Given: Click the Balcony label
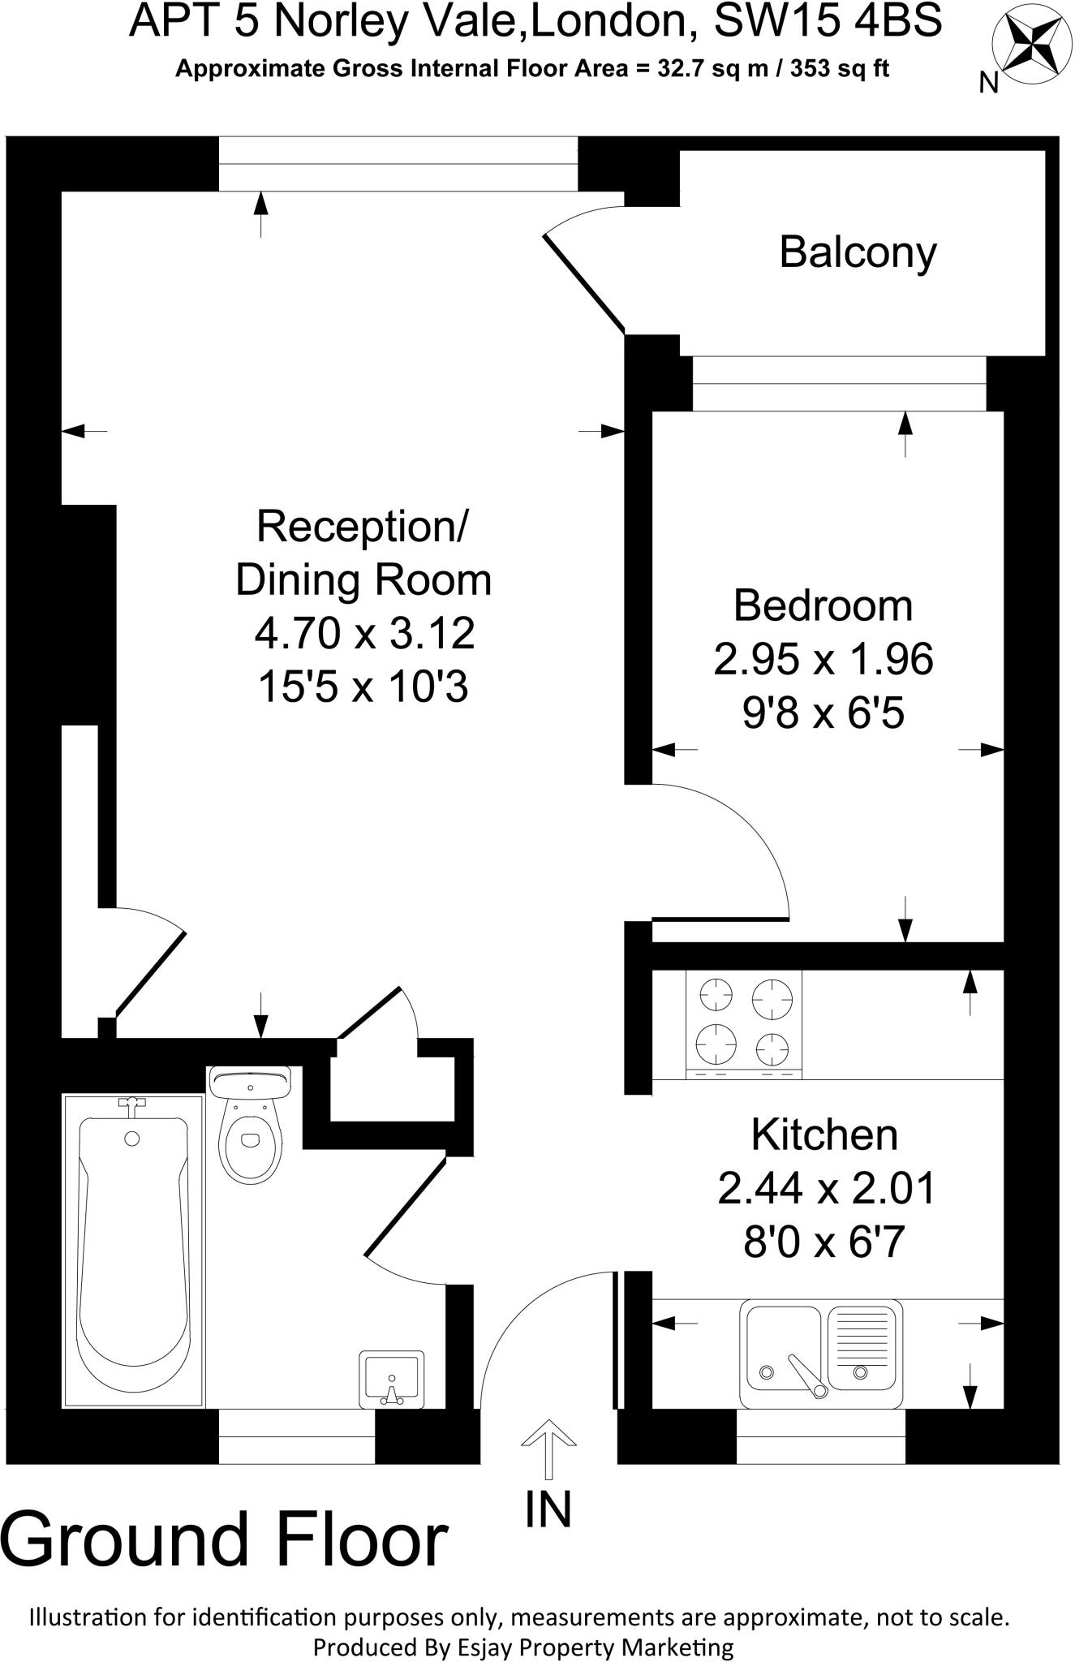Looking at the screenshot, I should pyautogui.click(x=858, y=252).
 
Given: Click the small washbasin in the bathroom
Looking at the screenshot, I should pyautogui.click(x=393, y=1379).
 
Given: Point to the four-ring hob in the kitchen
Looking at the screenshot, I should pyautogui.click(x=744, y=1024).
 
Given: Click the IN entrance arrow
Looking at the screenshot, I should pyautogui.click(x=548, y=1449).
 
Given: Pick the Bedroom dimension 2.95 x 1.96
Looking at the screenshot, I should pyautogui.click(x=823, y=659).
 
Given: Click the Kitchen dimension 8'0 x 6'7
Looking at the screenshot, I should pyautogui.click(x=823, y=1242).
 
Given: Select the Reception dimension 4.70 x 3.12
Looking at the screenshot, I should pyautogui.click(x=364, y=634).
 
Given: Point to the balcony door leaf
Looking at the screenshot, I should pyautogui.click(x=585, y=283).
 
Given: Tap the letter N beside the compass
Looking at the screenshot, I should pyautogui.click(x=988, y=83).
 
